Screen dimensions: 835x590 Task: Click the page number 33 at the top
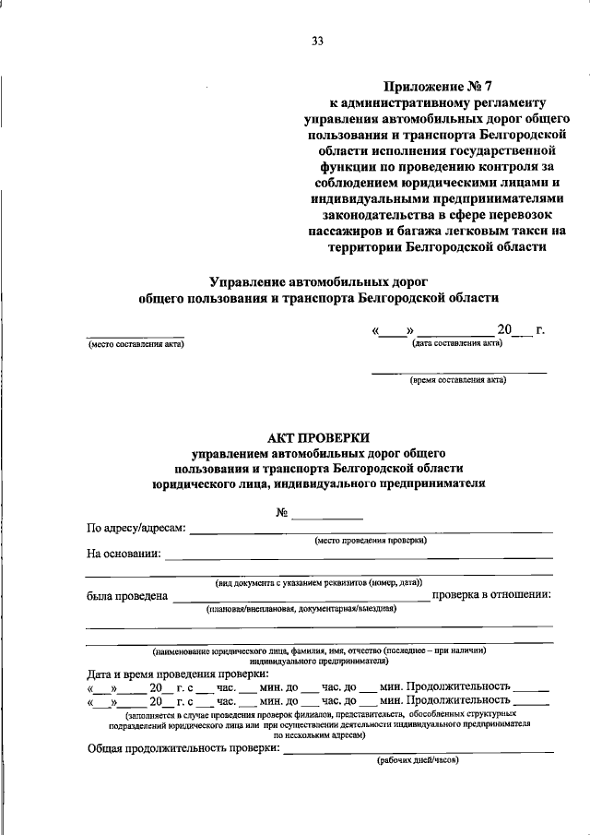tap(318, 41)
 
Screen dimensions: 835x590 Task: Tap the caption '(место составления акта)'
tap(136, 345)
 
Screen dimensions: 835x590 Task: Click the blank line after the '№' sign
tap(327, 517)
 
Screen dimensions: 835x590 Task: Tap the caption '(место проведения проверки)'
tap(371, 542)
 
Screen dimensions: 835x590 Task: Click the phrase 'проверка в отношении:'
tap(492, 594)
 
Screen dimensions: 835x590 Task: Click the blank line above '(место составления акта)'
tap(136, 336)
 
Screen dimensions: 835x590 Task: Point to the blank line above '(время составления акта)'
tap(458, 371)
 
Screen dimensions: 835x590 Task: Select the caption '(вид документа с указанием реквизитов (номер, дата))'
tap(319, 583)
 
